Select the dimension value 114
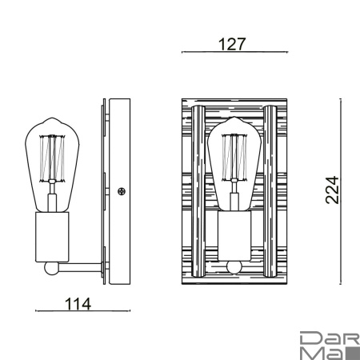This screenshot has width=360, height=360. click(78, 303)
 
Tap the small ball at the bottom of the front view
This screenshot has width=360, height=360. click(234, 267)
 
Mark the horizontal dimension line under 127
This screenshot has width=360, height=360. click(233, 52)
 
